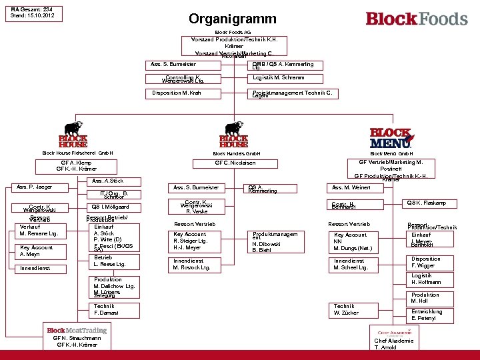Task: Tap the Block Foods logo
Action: (417, 19)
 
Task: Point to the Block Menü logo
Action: (391, 137)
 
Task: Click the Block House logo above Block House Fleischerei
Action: (73, 135)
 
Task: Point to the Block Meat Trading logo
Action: (77, 330)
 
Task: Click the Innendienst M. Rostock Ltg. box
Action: (196, 264)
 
